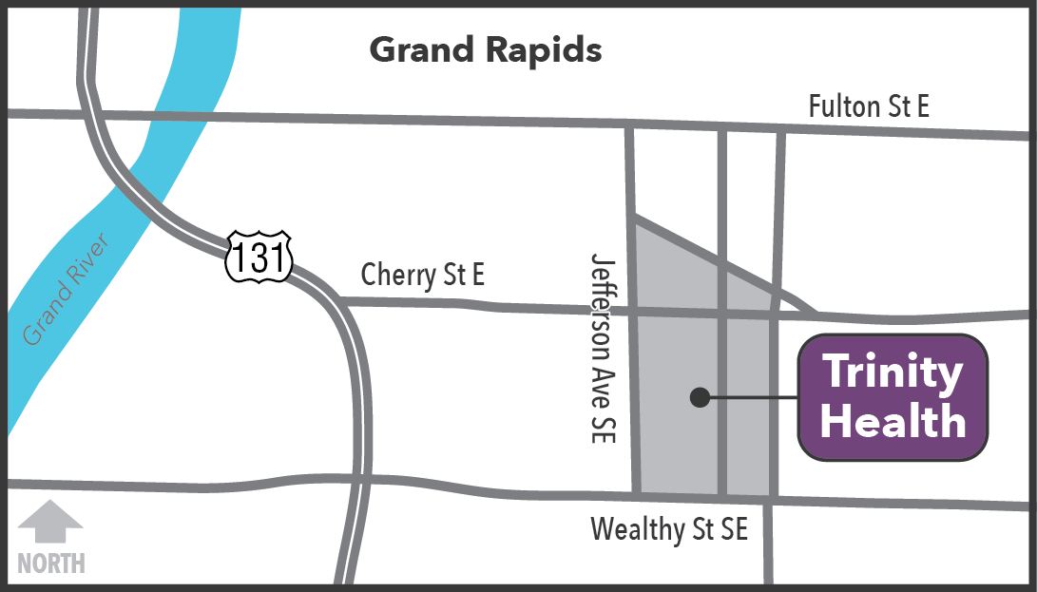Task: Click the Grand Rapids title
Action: pos(485,49)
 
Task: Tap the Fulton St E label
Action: pos(868,106)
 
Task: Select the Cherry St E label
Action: pos(423,276)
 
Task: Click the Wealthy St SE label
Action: pos(669,529)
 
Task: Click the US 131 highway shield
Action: pos(259,258)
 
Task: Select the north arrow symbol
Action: pos(51,524)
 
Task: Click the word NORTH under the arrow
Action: pos(51,563)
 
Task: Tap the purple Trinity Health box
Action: pos(893,397)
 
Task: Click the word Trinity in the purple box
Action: pos(892,372)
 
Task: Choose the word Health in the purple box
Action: pos(893,421)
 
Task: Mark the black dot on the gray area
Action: pos(700,397)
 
